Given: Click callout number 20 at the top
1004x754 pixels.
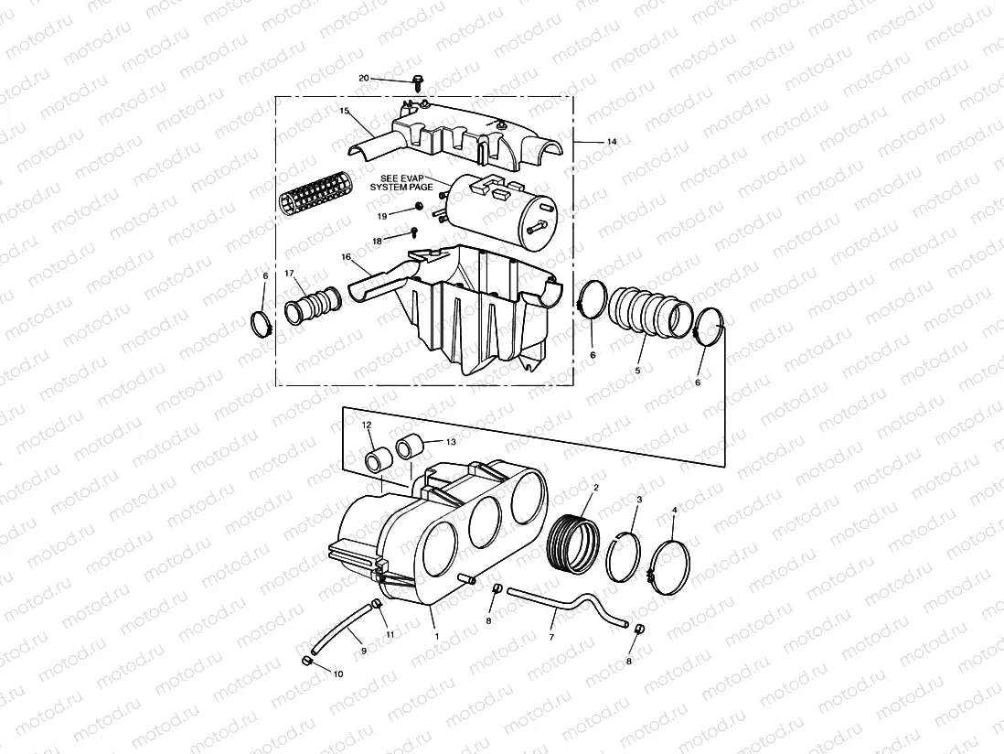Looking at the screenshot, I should coord(364,79).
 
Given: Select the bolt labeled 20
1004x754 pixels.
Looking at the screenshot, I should coord(419,83).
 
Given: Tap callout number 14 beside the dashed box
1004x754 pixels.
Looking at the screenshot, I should coord(612,142).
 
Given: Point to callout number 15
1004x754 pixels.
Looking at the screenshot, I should coord(345,111).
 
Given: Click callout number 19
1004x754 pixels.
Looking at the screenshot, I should coord(382,214).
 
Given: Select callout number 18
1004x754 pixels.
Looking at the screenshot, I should coord(377,241).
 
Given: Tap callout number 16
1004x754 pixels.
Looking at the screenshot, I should coord(347,259).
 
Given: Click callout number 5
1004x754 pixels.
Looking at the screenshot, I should coord(638,371).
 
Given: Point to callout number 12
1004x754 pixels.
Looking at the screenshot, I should coord(367,425).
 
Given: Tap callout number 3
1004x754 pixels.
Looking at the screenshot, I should coord(639,500).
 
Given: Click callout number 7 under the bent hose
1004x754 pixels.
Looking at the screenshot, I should coord(552,637).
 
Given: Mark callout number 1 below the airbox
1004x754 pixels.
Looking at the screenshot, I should coord(436,635).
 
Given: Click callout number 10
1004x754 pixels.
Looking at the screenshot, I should coord(338,673).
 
